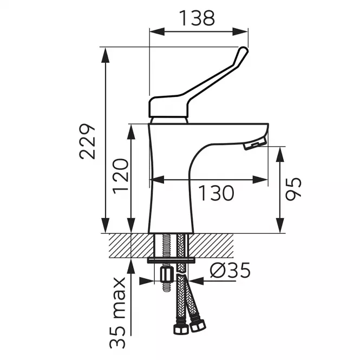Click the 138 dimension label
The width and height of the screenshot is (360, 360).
pos(197,18)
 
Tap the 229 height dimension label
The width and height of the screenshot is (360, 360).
pos(87,141)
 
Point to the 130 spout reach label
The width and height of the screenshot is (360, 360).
pos(216,193)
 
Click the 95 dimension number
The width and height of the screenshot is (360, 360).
pos(293,189)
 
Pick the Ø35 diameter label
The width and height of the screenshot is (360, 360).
pos(230,270)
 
